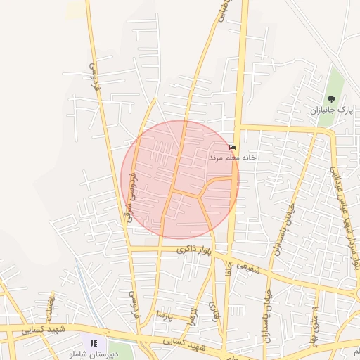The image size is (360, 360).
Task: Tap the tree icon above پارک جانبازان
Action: click(332, 99)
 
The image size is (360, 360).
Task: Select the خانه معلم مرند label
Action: click(233, 158)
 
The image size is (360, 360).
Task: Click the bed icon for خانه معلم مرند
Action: click(233, 147)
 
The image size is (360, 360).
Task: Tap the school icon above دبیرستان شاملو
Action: click(94, 344)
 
